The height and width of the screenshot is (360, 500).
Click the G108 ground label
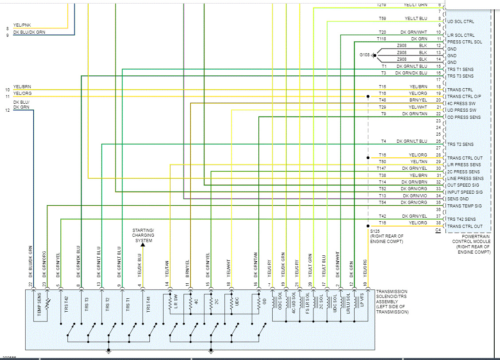(x=364, y=55)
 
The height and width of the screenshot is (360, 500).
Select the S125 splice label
(x=375, y=231)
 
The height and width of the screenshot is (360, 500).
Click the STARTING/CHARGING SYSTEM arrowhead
(x=143, y=244)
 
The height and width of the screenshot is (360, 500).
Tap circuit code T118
(x=382, y=39)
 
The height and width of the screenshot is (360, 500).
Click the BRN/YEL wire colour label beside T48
(x=418, y=100)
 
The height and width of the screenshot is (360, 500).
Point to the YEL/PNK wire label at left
(x=22, y=25)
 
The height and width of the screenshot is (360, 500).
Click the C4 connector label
(x=438, y=230)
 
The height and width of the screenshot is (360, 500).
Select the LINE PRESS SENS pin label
(x=465, y=179)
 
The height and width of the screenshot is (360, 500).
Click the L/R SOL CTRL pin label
(x=461, y=35)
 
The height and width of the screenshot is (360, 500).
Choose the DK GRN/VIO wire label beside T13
(x=414, y=196)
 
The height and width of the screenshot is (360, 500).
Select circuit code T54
(x=382, y=202)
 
